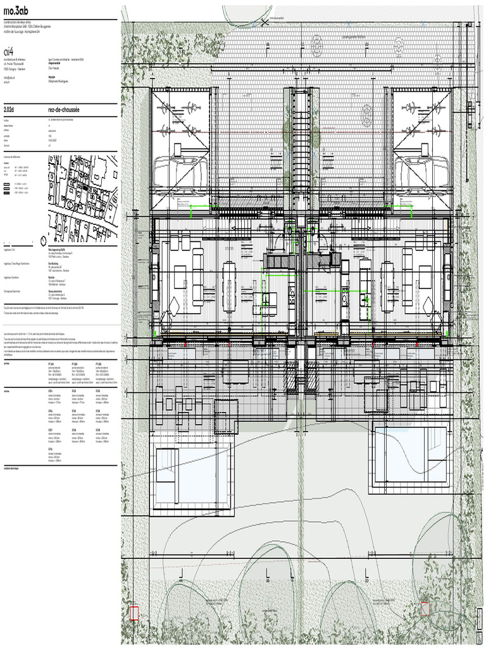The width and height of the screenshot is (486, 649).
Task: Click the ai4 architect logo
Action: click(9, 51)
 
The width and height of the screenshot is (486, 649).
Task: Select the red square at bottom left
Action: click(134, 613)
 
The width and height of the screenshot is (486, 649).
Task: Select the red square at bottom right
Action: click(425, 608)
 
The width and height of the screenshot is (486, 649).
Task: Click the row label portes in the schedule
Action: click(7, 364)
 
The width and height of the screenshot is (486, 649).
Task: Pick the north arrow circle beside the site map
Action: click(42, 241)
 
